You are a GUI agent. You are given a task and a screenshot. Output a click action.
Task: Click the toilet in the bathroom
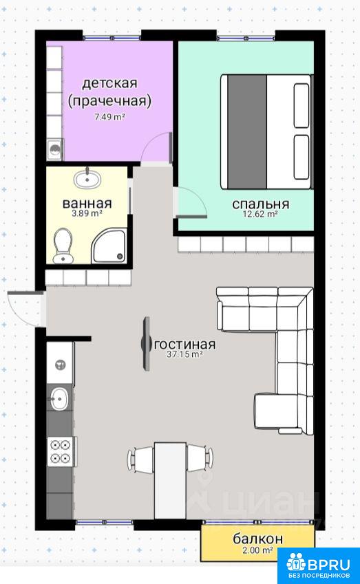[63, 245]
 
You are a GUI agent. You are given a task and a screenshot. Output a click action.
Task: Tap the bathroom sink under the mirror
[87, 179]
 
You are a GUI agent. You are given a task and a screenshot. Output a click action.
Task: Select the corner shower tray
[109, 246]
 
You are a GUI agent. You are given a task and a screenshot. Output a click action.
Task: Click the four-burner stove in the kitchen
[61, 451]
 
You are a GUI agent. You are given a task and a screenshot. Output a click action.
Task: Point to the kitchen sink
[60, 398]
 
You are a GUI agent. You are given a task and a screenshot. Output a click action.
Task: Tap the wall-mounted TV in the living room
[147, 343]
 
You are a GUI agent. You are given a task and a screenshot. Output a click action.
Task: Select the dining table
[170, 480]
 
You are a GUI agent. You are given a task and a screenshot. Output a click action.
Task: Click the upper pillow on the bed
[301, 106]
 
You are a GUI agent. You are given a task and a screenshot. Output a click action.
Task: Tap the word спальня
[260, 204]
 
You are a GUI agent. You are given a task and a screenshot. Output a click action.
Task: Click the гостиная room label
[184, 344]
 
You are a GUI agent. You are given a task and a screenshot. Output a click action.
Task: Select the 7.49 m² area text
[109, 117]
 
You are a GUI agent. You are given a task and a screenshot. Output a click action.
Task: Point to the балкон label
[258, 539]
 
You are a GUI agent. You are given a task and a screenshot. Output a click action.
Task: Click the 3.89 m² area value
[87, 213]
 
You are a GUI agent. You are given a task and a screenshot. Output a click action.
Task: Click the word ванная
[87, 204]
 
